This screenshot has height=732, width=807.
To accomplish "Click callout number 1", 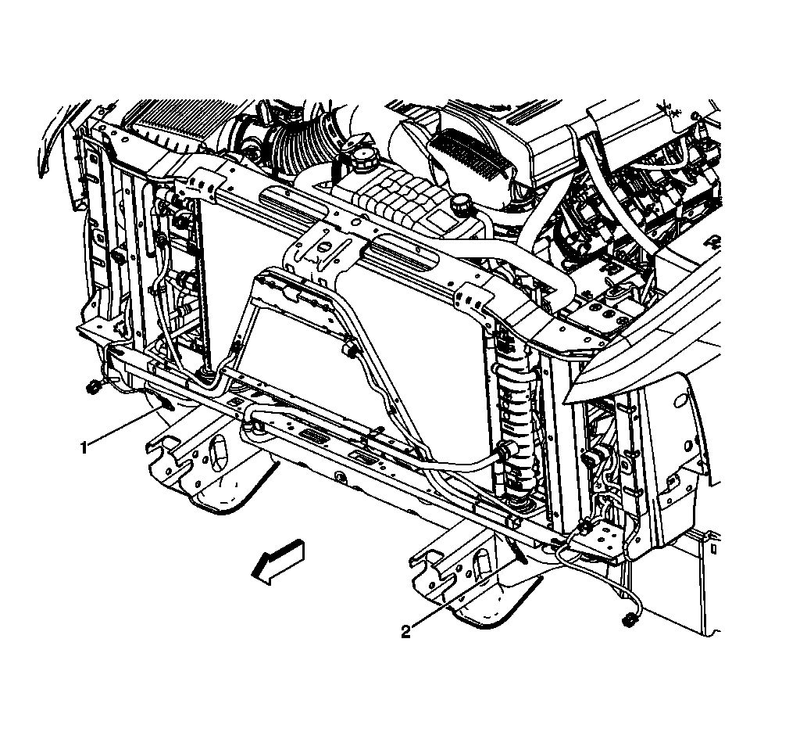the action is pos(84,447).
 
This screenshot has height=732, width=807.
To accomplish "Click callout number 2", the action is pos(406,632).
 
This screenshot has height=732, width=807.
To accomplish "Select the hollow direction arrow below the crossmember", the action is pos(278,562).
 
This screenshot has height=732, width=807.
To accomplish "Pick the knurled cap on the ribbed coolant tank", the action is pos(461,202).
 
